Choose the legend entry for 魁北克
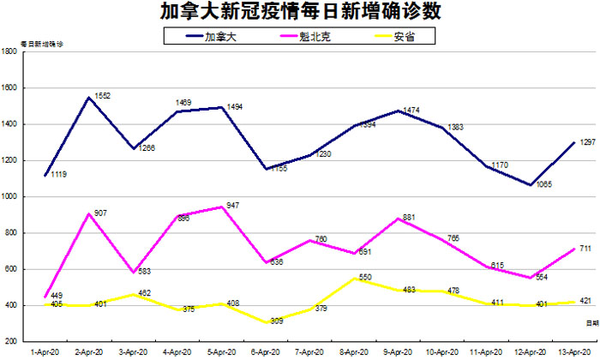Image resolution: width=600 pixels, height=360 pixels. (312, 36)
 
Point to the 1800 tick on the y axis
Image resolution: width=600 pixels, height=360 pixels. (10, 51)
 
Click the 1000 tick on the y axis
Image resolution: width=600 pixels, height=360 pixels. (10, 196)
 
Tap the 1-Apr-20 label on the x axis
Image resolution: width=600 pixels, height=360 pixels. (43, 351)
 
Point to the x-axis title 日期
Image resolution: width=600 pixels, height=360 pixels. (592, 322)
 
